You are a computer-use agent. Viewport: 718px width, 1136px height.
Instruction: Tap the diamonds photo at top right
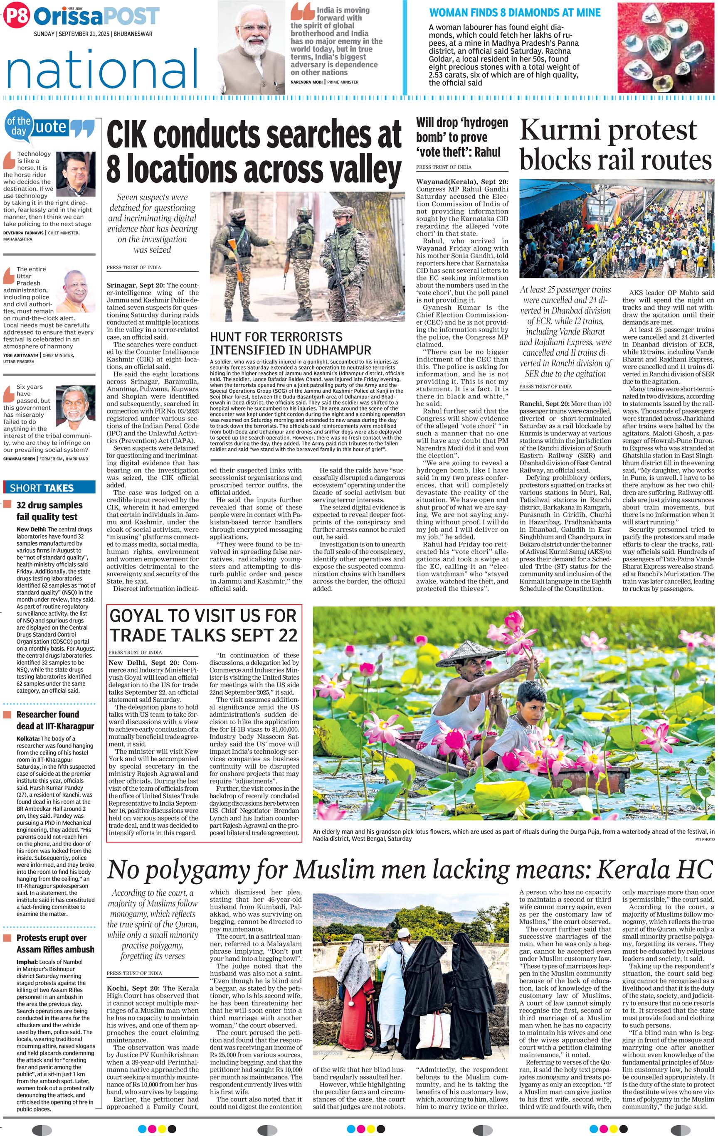pyautogui.click(x=665, y=47)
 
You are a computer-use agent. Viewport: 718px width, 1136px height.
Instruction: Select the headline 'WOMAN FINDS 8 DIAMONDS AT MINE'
pyautogui.click(x=515, y=13)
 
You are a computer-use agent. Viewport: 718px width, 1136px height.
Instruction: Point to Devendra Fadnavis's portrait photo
pyautogui.click(x=75, y=171)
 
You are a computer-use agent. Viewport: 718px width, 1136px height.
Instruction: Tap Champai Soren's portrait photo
pyautogui.click(x=75, y=404)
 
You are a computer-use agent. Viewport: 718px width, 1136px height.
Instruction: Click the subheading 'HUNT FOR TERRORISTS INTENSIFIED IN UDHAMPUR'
pyautogui.click(x=290, y=344)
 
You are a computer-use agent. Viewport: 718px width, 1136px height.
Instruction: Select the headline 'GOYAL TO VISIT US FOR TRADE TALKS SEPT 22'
pyautogui.click(x=203, y=625)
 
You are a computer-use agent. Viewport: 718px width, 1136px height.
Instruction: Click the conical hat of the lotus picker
pyautogui.click(x=468, y=652)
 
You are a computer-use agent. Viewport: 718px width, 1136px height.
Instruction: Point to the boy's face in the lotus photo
pyautogui.click(x=527, y=696)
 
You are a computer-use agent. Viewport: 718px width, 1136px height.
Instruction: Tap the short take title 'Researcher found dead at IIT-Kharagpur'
pyautogui.click(x=55, y=720)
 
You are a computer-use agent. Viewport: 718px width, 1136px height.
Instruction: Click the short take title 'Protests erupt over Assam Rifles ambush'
pyautogui.click(x=55, y=944)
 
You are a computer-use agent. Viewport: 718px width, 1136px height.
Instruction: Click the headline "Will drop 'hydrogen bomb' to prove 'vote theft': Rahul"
pyautogui.click(x=461, y=137)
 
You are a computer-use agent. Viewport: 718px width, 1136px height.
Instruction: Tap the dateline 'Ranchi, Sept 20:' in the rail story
pyautogui.click(x=544, y=404)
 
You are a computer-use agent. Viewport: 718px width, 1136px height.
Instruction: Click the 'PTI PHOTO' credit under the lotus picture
pyautogui.click(x=704, y=839)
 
